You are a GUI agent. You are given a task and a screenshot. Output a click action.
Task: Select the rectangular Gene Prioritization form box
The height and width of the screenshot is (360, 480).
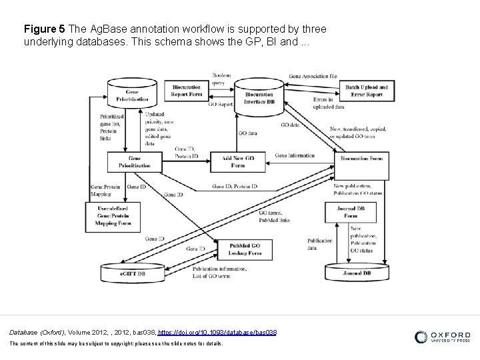[134, 161]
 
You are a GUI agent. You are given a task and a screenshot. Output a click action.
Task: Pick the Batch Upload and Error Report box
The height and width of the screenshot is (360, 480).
[364, 91]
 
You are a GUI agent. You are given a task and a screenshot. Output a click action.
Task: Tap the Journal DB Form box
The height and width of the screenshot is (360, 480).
[351, 212]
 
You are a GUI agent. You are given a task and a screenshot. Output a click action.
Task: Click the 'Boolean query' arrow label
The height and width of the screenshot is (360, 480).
[221, 79]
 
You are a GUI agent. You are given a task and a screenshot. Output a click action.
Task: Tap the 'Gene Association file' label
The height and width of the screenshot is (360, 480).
[313, 76]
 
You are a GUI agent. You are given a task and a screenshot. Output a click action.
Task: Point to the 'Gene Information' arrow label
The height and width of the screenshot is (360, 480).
[294, 156]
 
